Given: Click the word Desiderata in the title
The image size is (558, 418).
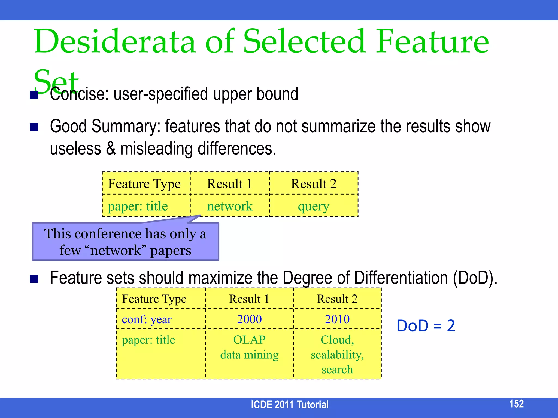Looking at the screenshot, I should [x=114, y=42].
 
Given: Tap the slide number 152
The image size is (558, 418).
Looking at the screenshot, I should [x=516, y=404].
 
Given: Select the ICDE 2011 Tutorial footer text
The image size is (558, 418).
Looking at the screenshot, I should [x=289, y=405].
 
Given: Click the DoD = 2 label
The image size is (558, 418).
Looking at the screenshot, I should [x=426, y=326].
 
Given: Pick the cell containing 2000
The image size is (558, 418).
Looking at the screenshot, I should [x=249, y=319].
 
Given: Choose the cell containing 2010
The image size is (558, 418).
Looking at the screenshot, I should [x=337, y=319].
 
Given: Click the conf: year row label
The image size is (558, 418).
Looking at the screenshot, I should [x=147, y=319].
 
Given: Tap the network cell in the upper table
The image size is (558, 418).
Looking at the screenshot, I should [x=230, y=206].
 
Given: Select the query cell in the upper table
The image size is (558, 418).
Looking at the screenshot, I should [x=314, y=206].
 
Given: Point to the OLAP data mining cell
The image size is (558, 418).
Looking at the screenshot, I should [x=249, y=348].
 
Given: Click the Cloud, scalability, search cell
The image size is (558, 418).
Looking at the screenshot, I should [x=337, y=354].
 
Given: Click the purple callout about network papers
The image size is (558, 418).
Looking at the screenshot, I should [x=125, y=242].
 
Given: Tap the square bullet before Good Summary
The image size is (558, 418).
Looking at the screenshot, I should [x=34, y=127].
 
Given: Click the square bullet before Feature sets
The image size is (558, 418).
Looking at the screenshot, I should [x=34, y=279].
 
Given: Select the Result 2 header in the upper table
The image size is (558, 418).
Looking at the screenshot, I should [x=314, y=184].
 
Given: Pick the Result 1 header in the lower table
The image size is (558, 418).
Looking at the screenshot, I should [x=249, y=299].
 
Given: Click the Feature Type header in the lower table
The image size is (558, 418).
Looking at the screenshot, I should [x=154, y=299].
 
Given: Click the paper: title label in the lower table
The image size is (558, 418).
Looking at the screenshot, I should [x=148, y=340].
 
